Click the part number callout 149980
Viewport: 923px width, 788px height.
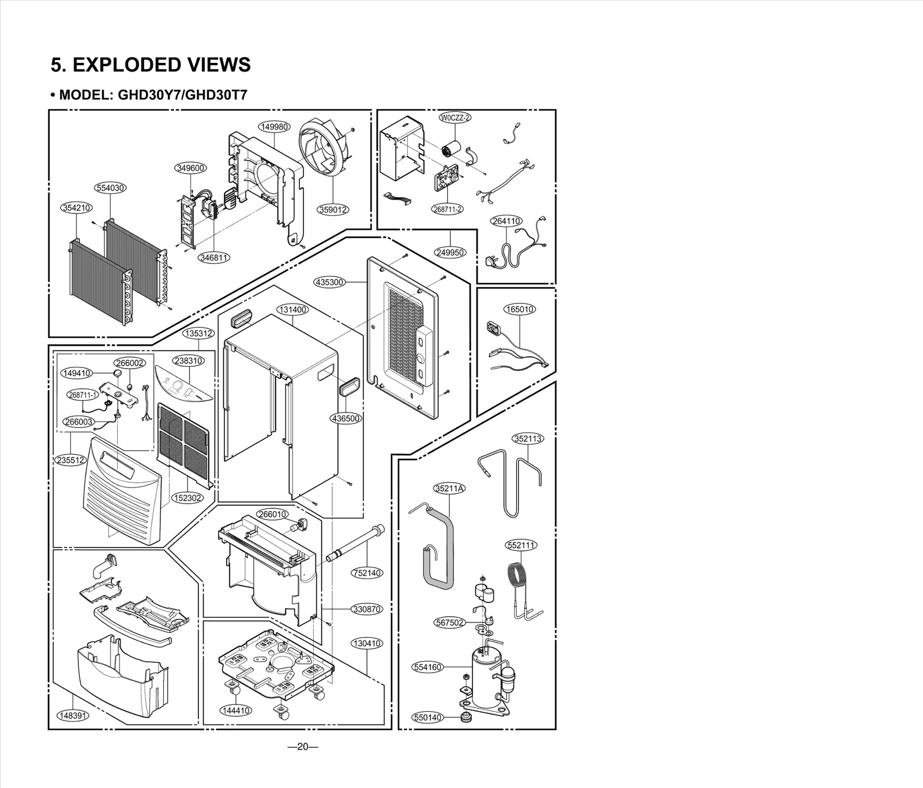(x=274, y=127)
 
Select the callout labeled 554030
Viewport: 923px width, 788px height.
(x=110, y=188)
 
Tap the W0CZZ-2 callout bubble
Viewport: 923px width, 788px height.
(x=455, y=118)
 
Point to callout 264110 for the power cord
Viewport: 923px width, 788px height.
(x=506, y=221)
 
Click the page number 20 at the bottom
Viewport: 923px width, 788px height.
(x=303, y=747)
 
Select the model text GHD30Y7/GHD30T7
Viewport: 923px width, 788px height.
(x=182, y=95)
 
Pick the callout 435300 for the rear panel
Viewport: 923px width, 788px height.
(x=330, y=282)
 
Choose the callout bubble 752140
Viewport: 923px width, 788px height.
(x=367, y=573)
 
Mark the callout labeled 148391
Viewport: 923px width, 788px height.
(x=73, y=716)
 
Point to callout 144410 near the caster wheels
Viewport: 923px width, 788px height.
(x=236, y=710)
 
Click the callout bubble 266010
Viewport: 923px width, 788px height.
(x=272, y=514)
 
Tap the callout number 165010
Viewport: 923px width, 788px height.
(x=520, y=309)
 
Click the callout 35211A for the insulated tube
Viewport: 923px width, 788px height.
(x=449, y=489)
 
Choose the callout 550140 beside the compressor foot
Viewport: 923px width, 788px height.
(x=427, y=718)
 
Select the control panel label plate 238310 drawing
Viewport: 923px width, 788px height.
(x=183, y=387)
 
